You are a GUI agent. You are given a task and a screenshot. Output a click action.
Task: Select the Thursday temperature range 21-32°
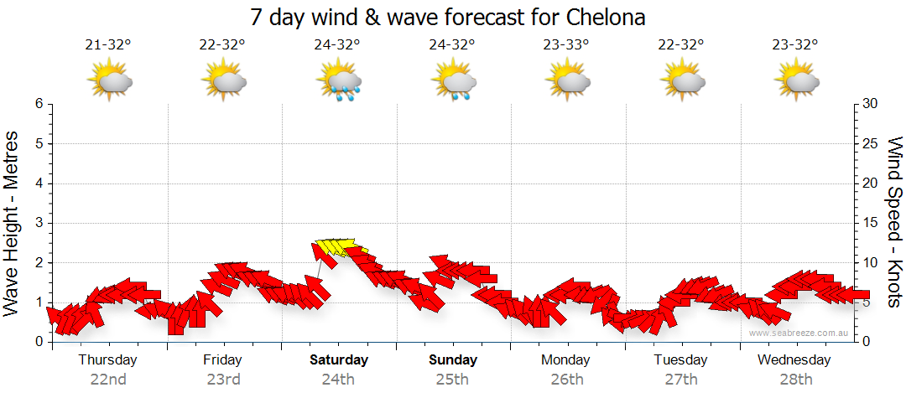[108, 45]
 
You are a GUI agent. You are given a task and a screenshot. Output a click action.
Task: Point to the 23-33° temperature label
[565, 45]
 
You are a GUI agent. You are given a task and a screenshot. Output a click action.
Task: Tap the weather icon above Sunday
[453, 80]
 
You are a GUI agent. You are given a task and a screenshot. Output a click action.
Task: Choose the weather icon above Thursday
[110, 80]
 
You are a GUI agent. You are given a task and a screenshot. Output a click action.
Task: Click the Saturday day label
[339, 360]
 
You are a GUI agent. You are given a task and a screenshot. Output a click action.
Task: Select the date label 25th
[453, 379]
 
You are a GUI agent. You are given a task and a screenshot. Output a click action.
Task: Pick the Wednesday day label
[794, 360]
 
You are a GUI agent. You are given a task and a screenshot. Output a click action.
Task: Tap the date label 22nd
[108, 379]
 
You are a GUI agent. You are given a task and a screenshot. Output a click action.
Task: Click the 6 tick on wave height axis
[39, 104]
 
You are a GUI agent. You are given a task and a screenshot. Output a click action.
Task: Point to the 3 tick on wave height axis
[39, 223]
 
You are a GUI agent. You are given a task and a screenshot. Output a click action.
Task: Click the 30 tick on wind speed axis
[870, 104]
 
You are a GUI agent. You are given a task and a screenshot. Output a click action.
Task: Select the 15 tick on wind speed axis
[870, 223]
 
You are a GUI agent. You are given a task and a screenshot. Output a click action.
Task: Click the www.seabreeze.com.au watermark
[799, 333]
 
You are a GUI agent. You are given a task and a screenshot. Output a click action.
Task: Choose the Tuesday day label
[679, 360]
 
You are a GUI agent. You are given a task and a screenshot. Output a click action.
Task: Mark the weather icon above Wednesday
[796, 80]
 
